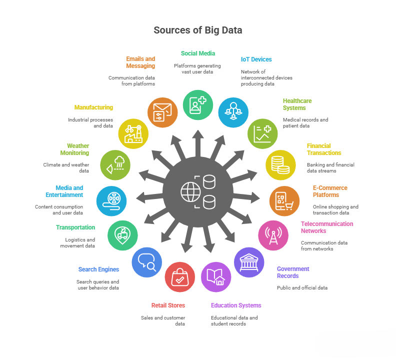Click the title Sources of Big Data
198,30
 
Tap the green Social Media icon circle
198,104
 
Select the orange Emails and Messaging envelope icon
162,112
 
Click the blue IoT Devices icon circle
233,112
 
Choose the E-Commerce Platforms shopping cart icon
284,200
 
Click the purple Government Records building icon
249,262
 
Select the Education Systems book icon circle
216,277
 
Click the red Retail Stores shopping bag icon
180,277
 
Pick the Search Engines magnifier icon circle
147,262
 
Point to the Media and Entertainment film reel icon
111,200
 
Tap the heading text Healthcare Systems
297,104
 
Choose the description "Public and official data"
302,287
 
